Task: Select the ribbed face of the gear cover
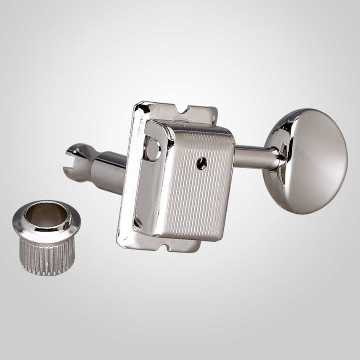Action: coord(198,185)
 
